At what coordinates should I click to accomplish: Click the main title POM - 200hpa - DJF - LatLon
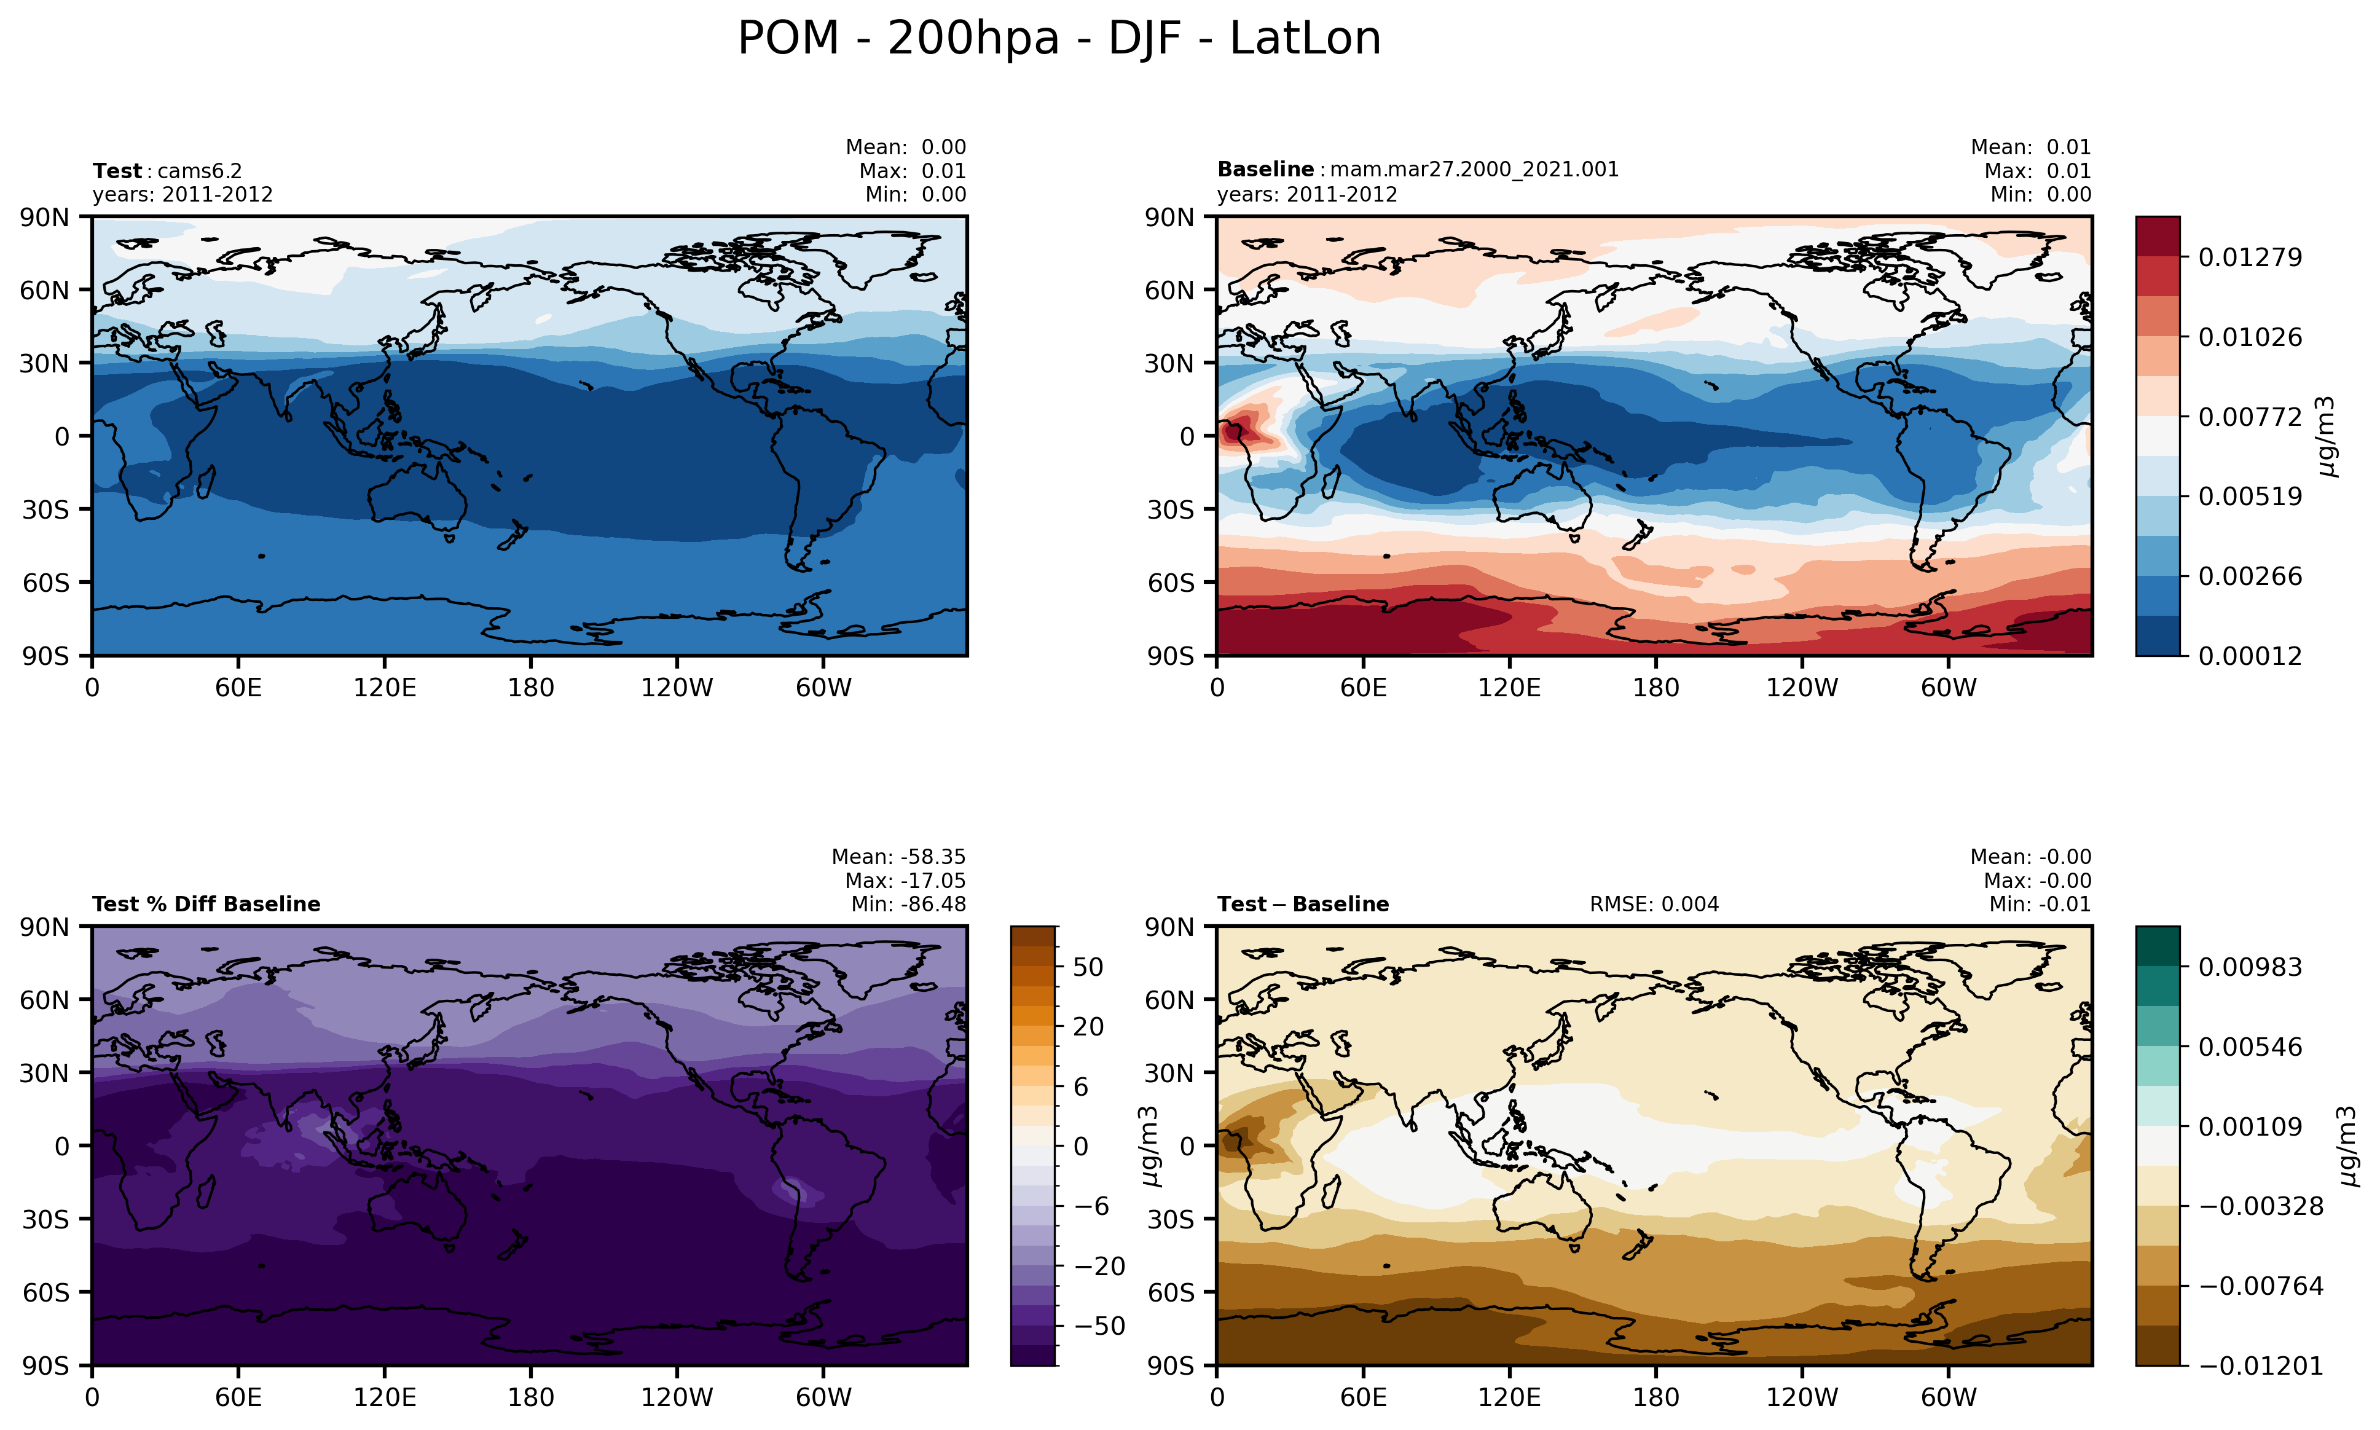click(x=1059, y=39)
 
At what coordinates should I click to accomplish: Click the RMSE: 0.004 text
click(x=1654, y=904)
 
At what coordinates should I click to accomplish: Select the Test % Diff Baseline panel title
click(x=206, y=904)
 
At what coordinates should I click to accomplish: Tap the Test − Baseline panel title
click(x=1303, y=904)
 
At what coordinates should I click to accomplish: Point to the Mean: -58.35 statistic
click(x=898, y=857)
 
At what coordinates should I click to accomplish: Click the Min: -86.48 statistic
click(x=908, y=904)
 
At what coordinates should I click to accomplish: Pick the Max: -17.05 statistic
click(x=905, y=881)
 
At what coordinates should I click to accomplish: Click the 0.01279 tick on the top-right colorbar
click(x=2250, y=257)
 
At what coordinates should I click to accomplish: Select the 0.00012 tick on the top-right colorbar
click(x=2250, y=656)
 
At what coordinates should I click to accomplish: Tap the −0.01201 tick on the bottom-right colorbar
click(x=2261, y=1365)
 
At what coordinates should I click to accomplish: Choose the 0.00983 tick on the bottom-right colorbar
click(x=2250, y=967)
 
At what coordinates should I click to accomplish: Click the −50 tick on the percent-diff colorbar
click(x=1096, y=1326)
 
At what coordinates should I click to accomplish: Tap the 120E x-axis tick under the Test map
click(x=385, y=688)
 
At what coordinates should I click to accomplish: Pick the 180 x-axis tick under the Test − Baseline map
click(x=1655, y=1397)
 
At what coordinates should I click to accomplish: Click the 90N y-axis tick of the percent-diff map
click(x=44, y=927)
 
